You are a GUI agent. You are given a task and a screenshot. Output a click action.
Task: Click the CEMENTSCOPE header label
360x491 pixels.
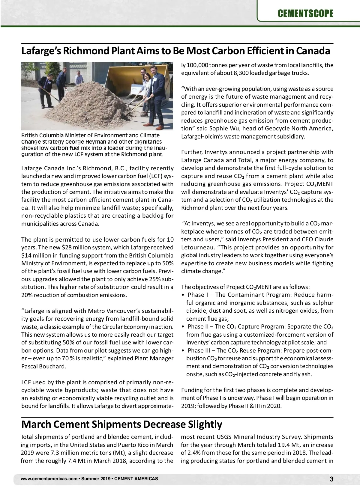pos(305,13)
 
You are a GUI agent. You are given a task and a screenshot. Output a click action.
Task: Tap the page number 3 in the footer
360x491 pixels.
pos(331,479)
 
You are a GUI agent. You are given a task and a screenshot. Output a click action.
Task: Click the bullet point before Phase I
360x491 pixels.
pos(183,295)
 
